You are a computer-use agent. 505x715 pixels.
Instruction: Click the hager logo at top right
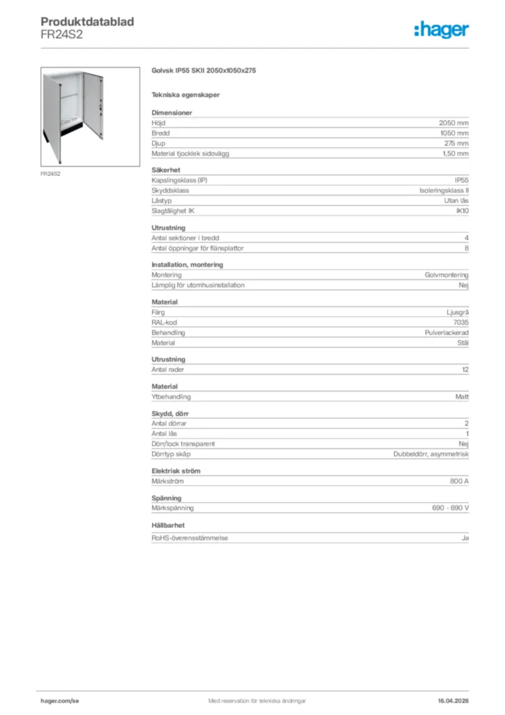[441, 29]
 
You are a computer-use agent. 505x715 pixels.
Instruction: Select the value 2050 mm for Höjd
[453, 122]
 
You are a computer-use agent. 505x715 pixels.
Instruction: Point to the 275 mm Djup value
[456, 143]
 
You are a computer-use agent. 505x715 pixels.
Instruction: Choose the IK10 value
[462, 211]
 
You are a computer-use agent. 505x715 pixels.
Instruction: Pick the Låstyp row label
[162, 200]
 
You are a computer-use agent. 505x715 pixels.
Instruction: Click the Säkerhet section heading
[166, 170]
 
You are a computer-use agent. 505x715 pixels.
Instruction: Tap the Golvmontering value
[446, 275]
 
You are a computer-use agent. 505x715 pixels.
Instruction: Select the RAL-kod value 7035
[461, 323]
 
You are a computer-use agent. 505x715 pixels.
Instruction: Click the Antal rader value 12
[465, 369]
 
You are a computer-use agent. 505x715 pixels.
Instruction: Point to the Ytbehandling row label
[171, 397]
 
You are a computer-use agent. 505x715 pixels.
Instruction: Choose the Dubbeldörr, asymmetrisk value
[431, 455]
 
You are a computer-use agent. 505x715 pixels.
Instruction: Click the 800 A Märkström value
[459, 482]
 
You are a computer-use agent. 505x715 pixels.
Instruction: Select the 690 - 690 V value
[450, 508]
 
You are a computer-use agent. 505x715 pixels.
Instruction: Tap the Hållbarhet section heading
[168, 525]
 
